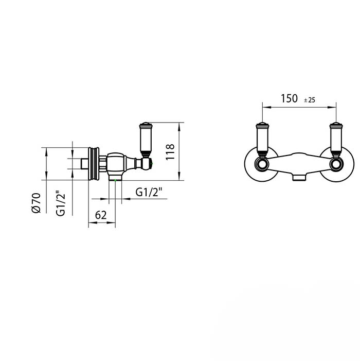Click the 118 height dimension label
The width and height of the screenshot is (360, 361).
[x=171, y=152]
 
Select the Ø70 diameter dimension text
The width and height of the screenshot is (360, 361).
[x=35, y=203]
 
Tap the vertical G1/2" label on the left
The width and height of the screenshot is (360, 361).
[x=61, y=203]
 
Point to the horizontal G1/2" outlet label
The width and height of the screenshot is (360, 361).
[x=149, y=192]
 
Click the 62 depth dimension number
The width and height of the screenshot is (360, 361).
[x=101, y=215]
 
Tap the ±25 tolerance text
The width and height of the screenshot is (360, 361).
[x=310, y=100]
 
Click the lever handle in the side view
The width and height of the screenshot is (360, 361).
[x=145, y=140]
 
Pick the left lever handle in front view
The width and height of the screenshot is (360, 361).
[x=262, y=139]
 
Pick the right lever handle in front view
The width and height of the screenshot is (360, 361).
[x=336, y=139]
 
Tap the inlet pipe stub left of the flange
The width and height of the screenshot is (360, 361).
[x=84, y=164]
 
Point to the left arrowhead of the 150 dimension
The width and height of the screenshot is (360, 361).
[x=265, y=107]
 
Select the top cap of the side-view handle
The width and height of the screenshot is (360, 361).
[x=145, y=124]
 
